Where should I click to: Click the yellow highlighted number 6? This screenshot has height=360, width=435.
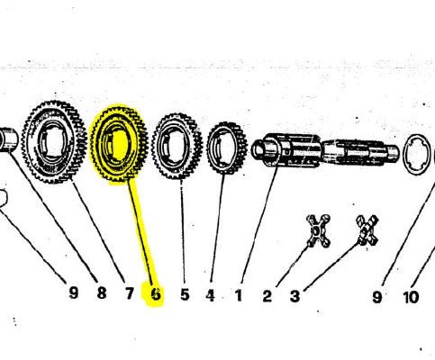pyautogui.click(x=156, y=293)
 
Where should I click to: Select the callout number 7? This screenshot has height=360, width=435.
pyautogui.click(x=129, y=293)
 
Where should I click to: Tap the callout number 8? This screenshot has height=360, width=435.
pyautogui.click(x=102, y=292)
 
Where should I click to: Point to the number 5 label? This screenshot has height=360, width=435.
pyautogui.click(x=185, y=294)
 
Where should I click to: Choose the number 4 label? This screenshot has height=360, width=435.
pyautogui.click(x=211, y=295)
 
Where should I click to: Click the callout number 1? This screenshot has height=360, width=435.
pyautogui.click(x=239, y=295)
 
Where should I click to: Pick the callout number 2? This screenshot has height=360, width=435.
pyautogui.click(x=267, y=296)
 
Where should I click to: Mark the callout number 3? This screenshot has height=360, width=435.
pyautogui.click(x=295, y=296)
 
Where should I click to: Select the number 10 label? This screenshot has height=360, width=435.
pyautogui.click(x=411, y=297)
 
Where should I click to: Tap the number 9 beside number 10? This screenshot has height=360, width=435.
pyautogui.click(x=377, y=297)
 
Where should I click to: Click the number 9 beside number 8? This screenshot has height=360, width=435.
pyautogui.click(x=74, y=292)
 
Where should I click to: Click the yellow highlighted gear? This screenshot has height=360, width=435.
pyautogui.click(x=119, y=143)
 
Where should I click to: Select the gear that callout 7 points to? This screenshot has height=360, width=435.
pyautogui.click(x=53, y=142)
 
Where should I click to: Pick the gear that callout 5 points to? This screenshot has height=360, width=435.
pyautogui.click(x=177, y=146)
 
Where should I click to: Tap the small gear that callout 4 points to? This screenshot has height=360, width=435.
pyautogui.click(x=227, y=148)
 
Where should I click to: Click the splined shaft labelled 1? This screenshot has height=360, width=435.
pyautogui.click(x=325, y=150)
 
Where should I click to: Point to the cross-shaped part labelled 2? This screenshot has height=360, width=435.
pyautogui.click(x=319, y=231)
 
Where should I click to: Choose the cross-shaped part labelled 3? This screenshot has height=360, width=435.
pyautogui.click(x=367, y=230)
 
